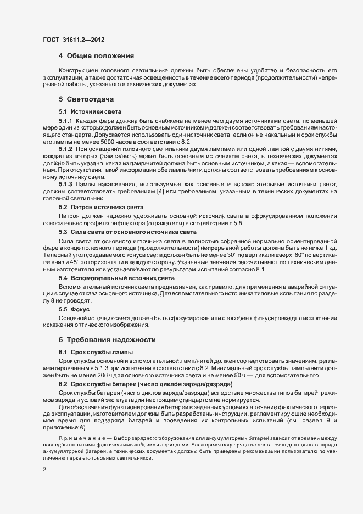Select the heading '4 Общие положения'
(x=97, y=57)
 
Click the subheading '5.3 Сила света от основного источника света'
(x=127, y=233)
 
